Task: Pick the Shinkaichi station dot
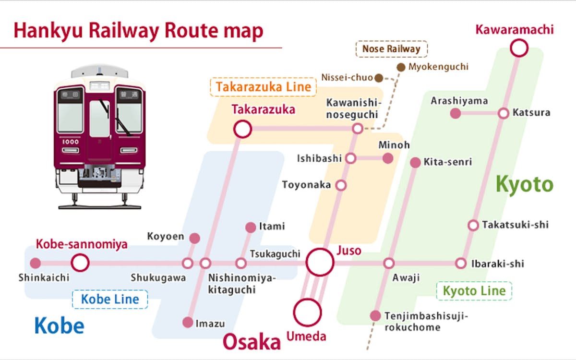coord(36,263)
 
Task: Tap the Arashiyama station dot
coord(456,113)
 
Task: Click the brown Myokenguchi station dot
coord(401,67)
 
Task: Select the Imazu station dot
coord(188,323)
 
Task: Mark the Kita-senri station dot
coord(415,163)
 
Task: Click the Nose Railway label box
coord(391,49)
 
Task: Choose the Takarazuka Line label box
coord(263,87)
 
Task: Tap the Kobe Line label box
coord(110,300)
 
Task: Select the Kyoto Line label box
coord(474,291)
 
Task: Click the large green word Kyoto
coord(524,185)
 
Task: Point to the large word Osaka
coord(252,342)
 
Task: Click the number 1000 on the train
coord(71,142)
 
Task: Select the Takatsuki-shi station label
coord(516,225)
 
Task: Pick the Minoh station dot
coord(388,158)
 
